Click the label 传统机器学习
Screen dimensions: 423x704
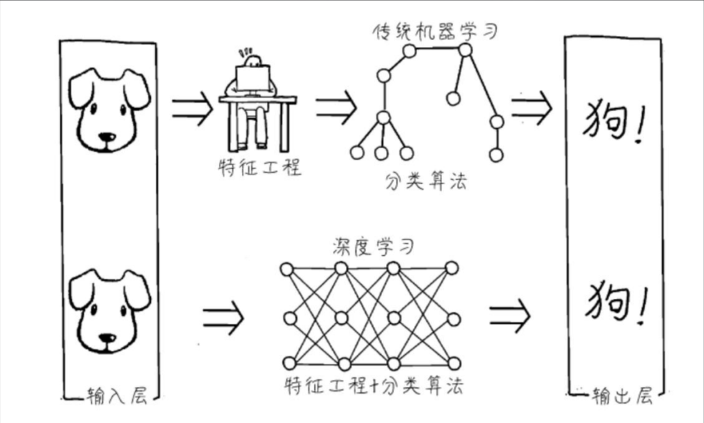(434, 31)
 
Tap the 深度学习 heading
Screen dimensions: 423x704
(374, 247)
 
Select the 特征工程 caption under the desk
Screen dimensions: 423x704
(259, 168)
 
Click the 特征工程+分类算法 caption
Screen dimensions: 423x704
(374, 386)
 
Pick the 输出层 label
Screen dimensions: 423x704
(621, 396)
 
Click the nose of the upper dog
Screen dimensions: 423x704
(108, 138)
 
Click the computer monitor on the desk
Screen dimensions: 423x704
(253, 78)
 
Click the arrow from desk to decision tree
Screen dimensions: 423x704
(336, 106)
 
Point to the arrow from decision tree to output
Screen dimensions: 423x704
(531, 108)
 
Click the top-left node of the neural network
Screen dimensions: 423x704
(287, 269)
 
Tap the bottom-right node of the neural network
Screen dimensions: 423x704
(454, 363)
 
